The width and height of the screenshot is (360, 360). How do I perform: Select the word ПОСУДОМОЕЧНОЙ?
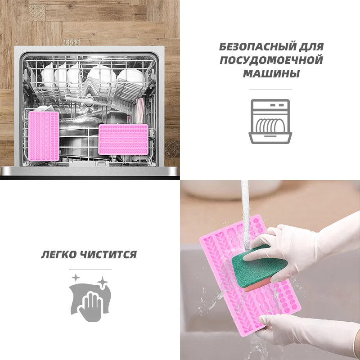pos(271,60)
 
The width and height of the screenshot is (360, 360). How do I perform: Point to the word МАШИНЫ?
pos(271,74)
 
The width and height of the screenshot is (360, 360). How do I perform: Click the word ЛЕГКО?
pos(59,255)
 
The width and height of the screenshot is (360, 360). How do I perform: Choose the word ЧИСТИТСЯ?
pos(108,255)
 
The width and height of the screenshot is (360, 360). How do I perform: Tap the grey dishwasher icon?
pos(270,121)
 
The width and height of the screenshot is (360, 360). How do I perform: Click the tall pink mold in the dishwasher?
pos(44,136)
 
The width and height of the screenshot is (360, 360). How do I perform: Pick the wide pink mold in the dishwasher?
pos(123,139)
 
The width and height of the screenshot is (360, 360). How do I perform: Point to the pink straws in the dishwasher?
pos(139,111)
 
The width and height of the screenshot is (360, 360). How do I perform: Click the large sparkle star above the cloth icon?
pos(103,282)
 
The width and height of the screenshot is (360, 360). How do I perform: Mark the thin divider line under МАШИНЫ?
pos(270,90)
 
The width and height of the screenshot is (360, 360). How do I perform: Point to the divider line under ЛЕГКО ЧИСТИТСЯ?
pos(90,270)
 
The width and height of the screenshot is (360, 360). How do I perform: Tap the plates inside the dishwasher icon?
pos(270,126)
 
